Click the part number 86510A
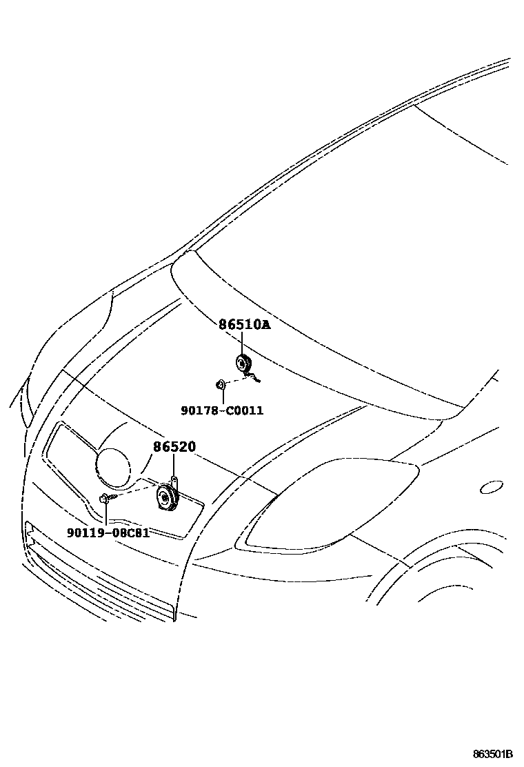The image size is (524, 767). click(x=245, y=324)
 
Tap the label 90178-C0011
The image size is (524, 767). click(x=222, y=410)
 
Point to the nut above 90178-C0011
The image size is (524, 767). click(x=219, y=383)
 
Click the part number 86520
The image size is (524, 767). click(x=174, y=447)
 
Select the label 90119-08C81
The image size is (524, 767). click(x=108, y=532)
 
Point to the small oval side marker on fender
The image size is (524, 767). click(x=492, y=488)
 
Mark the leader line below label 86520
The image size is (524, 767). click(x=174, y=466)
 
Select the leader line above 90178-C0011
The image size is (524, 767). click(x=223, y=397)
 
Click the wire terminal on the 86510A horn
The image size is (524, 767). click(x=256, y=377)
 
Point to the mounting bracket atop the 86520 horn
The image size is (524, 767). click(x=175, y=483)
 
